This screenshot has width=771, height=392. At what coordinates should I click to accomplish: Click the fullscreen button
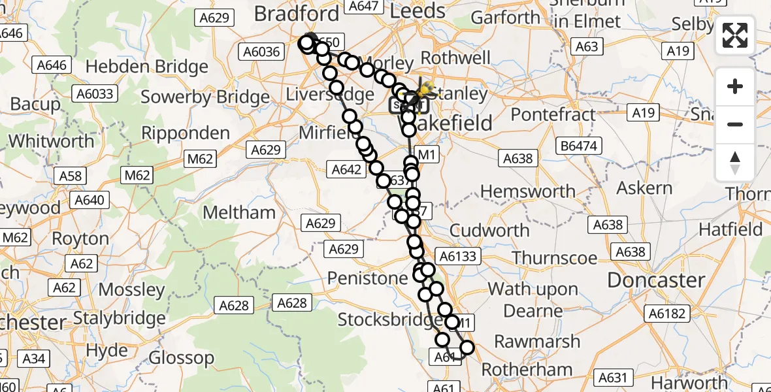(x=735, y=35)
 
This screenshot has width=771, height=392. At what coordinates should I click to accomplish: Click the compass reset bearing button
(x=735, y=163)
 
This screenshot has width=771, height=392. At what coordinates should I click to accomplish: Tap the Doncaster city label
(x=656, y=280)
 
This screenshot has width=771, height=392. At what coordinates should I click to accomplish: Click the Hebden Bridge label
(x=147, y=67)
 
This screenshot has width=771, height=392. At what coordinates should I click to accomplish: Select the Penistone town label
(x=367, y=278)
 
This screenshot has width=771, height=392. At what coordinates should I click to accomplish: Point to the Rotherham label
(x=527, y=370)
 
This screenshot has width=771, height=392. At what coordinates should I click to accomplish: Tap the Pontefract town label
(x=553, y=115)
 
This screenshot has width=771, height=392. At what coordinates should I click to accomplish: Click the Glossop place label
(x=181, y=358)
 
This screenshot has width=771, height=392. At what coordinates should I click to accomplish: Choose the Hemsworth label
(x=528, y=191)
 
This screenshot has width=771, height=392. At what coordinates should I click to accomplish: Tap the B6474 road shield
(x=578, y=146)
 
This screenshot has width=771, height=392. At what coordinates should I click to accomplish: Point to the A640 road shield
(x=90, y=200)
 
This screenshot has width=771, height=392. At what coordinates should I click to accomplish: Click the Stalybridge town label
(x=119, y=319)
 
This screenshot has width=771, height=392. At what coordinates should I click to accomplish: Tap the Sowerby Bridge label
(x=205, y=98)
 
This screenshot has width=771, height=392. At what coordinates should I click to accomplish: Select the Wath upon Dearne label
(x=533, y=299)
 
